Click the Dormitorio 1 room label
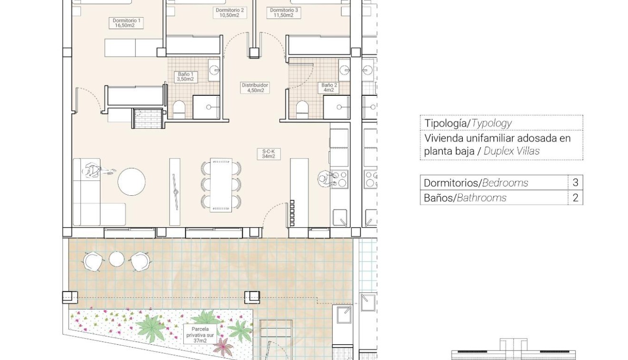tap(126, 23)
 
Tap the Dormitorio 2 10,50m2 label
tap(229, 12)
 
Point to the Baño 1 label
tap(185, 77)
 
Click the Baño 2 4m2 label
tap(329, 88)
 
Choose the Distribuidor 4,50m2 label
tap(255, 88)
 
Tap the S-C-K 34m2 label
tap(269, 153)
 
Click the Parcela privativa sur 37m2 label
tap(201, 334)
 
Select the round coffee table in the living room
tap(131, 182)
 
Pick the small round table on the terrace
tap(117, 259)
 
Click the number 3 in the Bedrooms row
tap(575, 182)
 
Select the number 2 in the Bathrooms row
tap(575, 198)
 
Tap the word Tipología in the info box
tap(445, 123)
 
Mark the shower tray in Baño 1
tap(206, 107)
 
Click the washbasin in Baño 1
tap(214, 70)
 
